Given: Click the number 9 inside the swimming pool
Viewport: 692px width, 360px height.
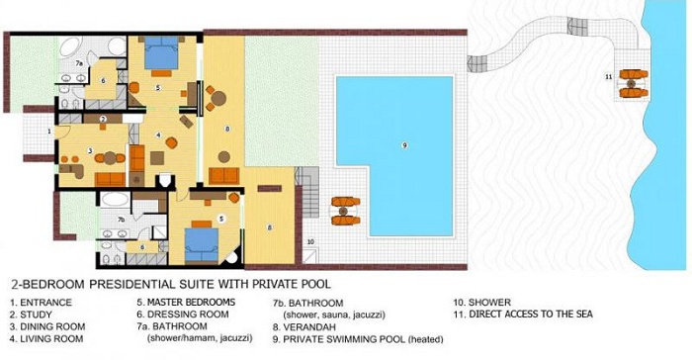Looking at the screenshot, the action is pyautogui.click(x=404, y=145).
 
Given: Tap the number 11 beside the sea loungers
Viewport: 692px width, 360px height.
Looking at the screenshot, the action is pyautogui.click(x=609, y=77).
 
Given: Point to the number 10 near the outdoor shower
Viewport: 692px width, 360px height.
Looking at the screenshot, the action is pyautogui.click(x=310, y=241).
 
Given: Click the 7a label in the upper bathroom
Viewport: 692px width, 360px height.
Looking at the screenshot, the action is pyautogui.click(x=79, y=63).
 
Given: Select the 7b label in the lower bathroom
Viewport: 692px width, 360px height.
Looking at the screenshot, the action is pyautogui.click(x=122, y=220).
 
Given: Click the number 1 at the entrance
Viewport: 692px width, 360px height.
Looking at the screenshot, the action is pyautogui.click(x=49, y=131).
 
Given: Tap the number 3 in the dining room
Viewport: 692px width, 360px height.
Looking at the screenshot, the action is pyautogui.click(x=90, y=150).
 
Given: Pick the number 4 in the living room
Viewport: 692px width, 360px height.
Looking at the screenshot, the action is pyautogui.click(x=158, y=135).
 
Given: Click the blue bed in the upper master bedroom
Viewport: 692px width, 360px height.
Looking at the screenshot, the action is pyautogui.click(x=161, y=52).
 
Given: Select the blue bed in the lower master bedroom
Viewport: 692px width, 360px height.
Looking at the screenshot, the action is pyautogui.click(x=202, y=244).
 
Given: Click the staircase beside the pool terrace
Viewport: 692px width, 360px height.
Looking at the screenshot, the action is pyautogui.click(x=309, y=191).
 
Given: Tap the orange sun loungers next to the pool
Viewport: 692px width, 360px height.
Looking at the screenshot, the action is pyautogui.click(x=346, y=211).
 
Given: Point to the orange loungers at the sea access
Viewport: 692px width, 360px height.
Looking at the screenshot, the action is pyautogui.click(x=634, y=83).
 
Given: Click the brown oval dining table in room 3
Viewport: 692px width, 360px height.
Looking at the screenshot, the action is pyautogui.click(x=111, y=157).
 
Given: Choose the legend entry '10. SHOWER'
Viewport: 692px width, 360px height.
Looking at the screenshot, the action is pyautogui.click(x=482, y=303).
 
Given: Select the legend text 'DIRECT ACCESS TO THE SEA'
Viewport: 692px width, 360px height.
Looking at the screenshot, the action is pyautogui.click(x=531, y=315).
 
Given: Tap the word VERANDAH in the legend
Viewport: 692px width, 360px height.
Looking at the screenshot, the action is pyautogui.click(x=308, y=327).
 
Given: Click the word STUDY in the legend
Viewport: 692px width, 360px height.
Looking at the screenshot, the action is pyautogui.click(x=37, y=315).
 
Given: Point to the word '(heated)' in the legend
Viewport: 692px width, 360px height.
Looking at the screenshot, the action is pyautogui.click(x=425, y=339).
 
